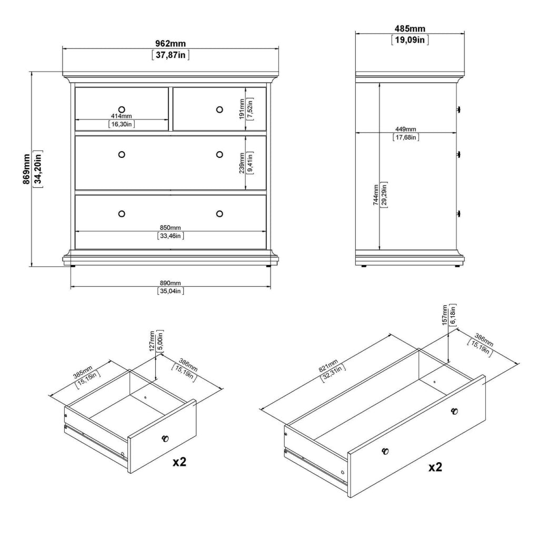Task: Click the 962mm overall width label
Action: coord(171,44)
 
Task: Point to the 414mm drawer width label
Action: coord(122,116)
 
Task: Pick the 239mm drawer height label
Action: coord(242,162)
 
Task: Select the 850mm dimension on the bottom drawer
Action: coord(171,227)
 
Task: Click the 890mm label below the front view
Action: coord(171,284)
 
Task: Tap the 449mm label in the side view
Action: coord(405,129)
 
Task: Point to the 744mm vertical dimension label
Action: coord(376,194)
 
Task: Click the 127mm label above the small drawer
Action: coord(153,341)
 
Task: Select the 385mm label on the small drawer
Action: coord(84,372)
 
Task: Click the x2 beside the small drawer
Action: coord(179,462)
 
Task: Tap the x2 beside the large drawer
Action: coord(435,467)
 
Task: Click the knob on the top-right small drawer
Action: coord(219,109)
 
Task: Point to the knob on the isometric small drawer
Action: coord(166,438)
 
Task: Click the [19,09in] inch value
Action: coord(410,40)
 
